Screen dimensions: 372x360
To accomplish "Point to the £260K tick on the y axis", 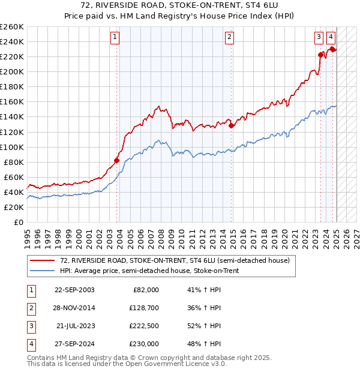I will pyautogui.click(x=12, y=27).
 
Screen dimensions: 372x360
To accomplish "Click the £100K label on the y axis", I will pyautogui.click(x=12, y=147).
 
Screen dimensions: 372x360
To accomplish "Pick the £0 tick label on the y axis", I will pyautogui.click(x=19, y=222).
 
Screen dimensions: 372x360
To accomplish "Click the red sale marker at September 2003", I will pyautogui.click(x=117, y=160).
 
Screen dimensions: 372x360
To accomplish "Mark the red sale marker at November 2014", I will pyautogui.click(x=232, y=125).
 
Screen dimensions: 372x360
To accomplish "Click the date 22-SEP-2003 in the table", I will pyautogui.click(x=74, y=290).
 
